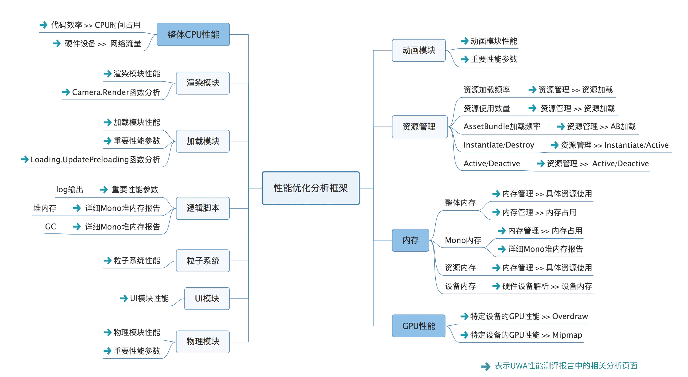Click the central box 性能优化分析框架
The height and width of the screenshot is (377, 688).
point(311,188)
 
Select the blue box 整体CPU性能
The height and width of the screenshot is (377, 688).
point(193,34)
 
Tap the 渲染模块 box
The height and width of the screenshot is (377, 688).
point(203,83)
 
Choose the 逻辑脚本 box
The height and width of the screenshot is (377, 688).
point(203,208)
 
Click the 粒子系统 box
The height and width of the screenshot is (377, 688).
point(203,261)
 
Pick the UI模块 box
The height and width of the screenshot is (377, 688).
point(207,298)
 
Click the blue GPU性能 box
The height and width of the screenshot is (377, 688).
point(419,326)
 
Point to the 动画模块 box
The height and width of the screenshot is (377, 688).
point(419,50)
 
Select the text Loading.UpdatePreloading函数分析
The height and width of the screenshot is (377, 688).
point(95,159)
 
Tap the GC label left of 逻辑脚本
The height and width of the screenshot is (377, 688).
point(50,227)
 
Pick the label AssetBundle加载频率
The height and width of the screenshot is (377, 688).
point(502,126)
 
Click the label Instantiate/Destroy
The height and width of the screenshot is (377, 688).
point(499,145)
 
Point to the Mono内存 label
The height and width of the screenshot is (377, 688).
point(463,240)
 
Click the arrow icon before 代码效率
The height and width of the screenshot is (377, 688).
point(44,25)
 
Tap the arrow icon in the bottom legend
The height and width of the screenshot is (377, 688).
point(485,366)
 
